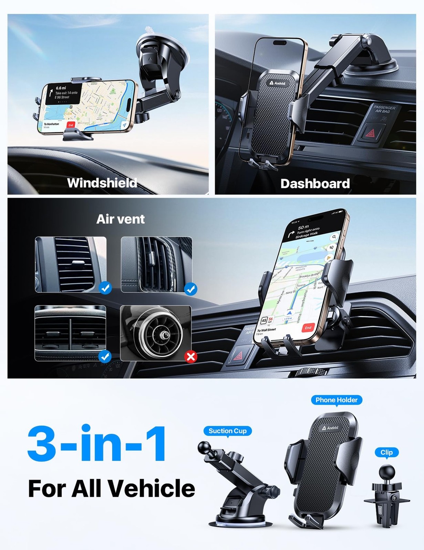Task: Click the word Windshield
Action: (x=102, y=183)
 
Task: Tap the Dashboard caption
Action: (x=315, y=184)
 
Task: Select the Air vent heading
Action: (x=120, y=219)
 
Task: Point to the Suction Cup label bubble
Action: (x=227, y=431)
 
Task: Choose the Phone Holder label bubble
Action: (x=337, y=400)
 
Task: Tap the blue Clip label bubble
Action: (x=386, y=452)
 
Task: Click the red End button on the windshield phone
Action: (x=71, y=125)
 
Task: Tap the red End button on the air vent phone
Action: (x=308, y=328)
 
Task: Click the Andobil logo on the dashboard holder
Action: (x=278, y=83)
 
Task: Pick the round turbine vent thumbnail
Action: (x=156, y=333)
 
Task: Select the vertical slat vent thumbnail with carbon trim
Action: (x=156, y=264)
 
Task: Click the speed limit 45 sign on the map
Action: (x=264, y=320)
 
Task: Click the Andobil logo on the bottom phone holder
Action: (x=330, y=428)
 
